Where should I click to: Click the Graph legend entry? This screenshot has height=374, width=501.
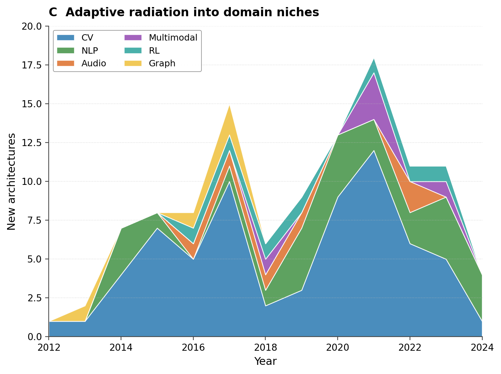click(x=162, y=64)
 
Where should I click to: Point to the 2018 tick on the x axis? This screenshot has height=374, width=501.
click(x=265, y=348)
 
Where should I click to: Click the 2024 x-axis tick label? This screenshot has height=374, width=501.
click(x=482, y=348)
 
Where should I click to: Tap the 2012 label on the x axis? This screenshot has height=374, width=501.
click(x=49, y=348)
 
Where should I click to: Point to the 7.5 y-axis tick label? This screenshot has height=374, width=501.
click(x=34, y=221)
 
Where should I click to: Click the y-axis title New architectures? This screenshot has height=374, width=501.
click(x=12, y=181)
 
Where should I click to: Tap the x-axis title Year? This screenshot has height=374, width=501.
click(x=265, y=361)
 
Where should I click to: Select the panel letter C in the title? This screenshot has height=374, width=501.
click(x=53, y=12)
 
